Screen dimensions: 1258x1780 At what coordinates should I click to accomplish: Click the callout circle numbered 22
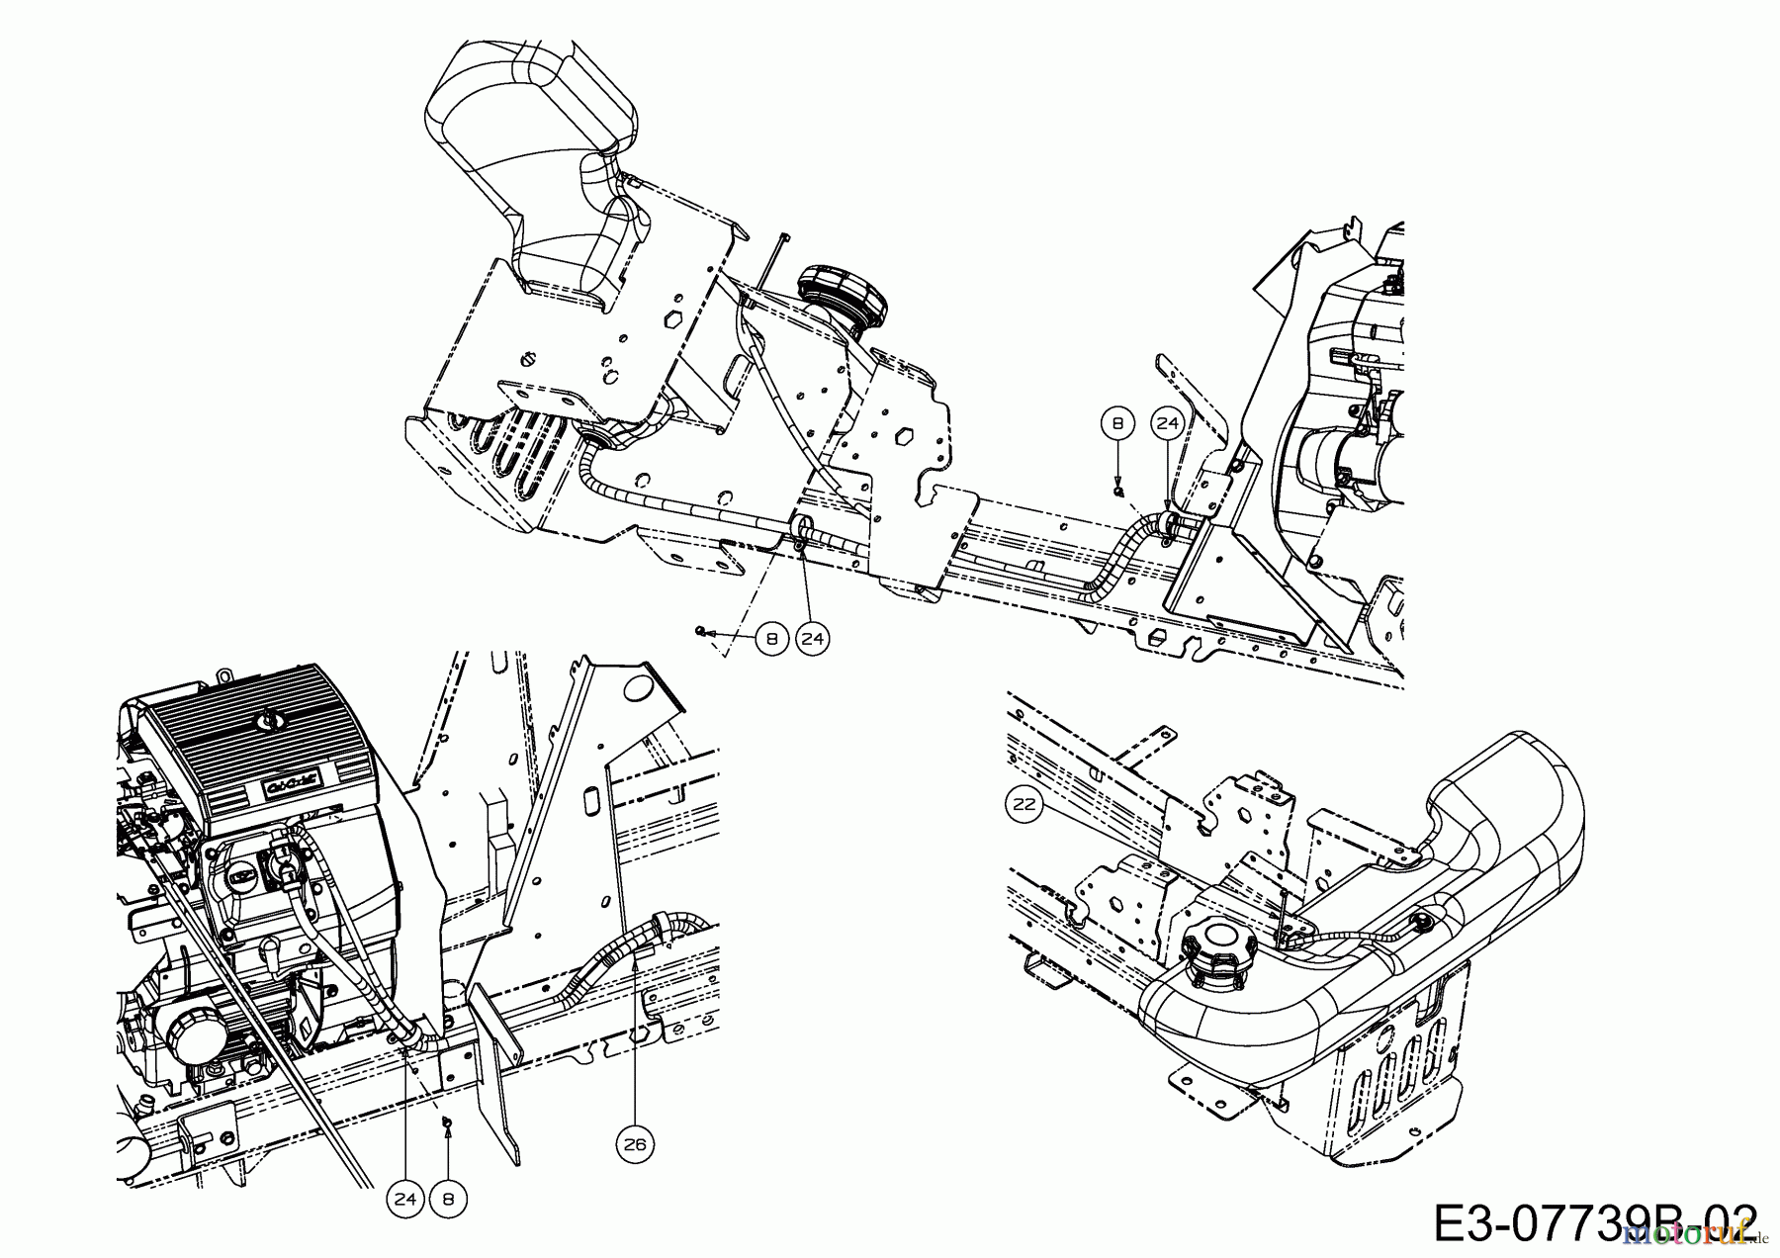click(x=1023, y=804)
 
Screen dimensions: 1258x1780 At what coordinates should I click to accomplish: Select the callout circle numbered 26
click(x=635, y=1144)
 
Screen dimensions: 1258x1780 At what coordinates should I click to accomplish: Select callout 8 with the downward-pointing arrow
click(x=1117, y=424)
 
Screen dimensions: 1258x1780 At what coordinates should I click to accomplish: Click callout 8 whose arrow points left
click(x=771, y=639)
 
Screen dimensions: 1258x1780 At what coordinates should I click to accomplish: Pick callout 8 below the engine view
click(x=448, y=1199)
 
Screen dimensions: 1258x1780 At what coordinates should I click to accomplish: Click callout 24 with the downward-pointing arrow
click(x=1168, y=424)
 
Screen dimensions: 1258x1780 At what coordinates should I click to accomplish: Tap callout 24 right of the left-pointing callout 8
click(x=812, y=639)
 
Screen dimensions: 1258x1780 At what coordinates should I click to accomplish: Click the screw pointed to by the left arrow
click(x=701, y=630)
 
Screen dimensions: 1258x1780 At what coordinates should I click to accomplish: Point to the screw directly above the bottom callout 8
click(x=446, y=1121)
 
